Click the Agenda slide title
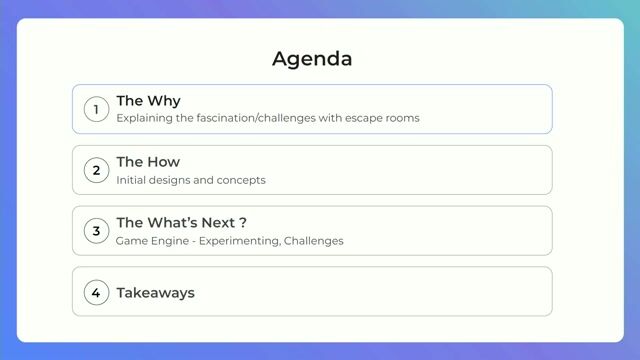click(312, 58)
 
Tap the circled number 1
click(96, 109)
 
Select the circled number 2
click(96, 170)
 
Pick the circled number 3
click(96, 231)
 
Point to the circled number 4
click(96, 292)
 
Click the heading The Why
click(148, 101)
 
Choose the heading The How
click(148, 162)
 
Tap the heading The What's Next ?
click(181, 223)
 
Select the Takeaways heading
click(155, 293)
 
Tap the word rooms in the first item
click(404, 118)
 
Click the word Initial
click(130, 180)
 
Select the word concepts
click(241, 180)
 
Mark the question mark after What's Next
click(243, 223)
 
